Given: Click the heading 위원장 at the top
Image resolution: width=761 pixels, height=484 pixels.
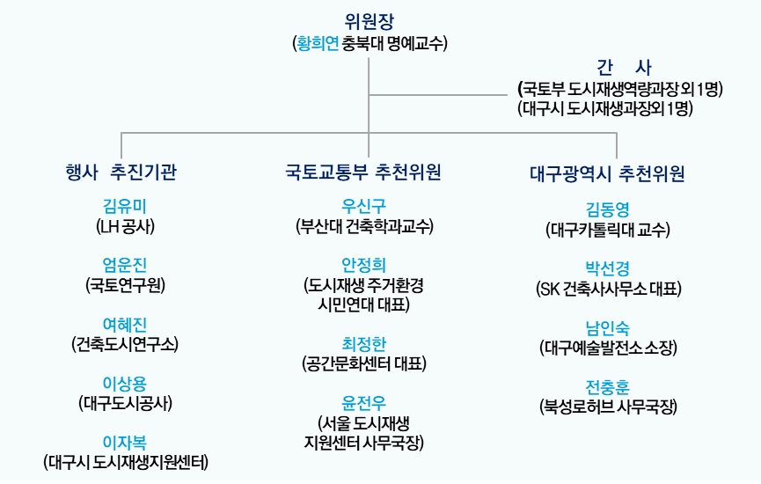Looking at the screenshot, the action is click(x=369, y=21).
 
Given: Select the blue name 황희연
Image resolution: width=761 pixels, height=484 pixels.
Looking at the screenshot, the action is click(x=318, y=44).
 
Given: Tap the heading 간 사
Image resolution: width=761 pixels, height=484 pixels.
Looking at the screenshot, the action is click(x=624, y=68).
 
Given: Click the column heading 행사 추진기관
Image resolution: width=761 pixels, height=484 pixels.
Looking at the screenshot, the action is click(x=121, y=172).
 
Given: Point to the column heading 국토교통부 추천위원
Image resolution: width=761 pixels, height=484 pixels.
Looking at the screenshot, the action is click(x=363, y=172).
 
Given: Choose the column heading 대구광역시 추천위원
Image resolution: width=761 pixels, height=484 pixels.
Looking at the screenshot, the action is click(x=607, y=173).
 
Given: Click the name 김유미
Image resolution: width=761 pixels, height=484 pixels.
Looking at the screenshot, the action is click(x=124, y=206).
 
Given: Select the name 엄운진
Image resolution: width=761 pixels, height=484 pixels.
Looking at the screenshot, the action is click(x=124, y=265).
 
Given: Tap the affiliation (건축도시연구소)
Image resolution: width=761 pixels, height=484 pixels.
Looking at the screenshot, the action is click(x=125, y=344).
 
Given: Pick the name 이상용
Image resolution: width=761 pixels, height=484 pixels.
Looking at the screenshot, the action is click(x=124, y=384).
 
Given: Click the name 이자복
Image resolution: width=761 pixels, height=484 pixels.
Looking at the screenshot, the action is click(x=124, y=443).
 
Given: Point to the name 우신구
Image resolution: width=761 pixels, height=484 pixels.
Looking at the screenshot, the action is click(x=363, y=206).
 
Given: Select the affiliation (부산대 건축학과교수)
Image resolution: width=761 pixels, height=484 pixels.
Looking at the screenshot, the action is click(x=364, y=227).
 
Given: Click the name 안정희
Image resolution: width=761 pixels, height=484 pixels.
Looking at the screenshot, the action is click(x=363, y=265).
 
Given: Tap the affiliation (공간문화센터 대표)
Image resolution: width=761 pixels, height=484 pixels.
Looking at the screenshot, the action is click(x=364, y=363).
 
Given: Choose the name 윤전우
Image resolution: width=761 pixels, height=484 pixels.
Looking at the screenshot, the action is click(x=363, y=403).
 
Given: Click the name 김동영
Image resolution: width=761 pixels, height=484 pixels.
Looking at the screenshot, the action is click(x=608, y=209).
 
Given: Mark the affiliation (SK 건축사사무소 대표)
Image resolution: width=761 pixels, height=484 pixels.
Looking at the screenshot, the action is click(x=609, y=290).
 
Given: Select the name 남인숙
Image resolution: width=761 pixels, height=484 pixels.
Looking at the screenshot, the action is click(x=608, y=328).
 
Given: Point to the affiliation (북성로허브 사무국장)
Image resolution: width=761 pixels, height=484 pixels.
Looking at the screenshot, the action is click(x=608, y=407).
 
